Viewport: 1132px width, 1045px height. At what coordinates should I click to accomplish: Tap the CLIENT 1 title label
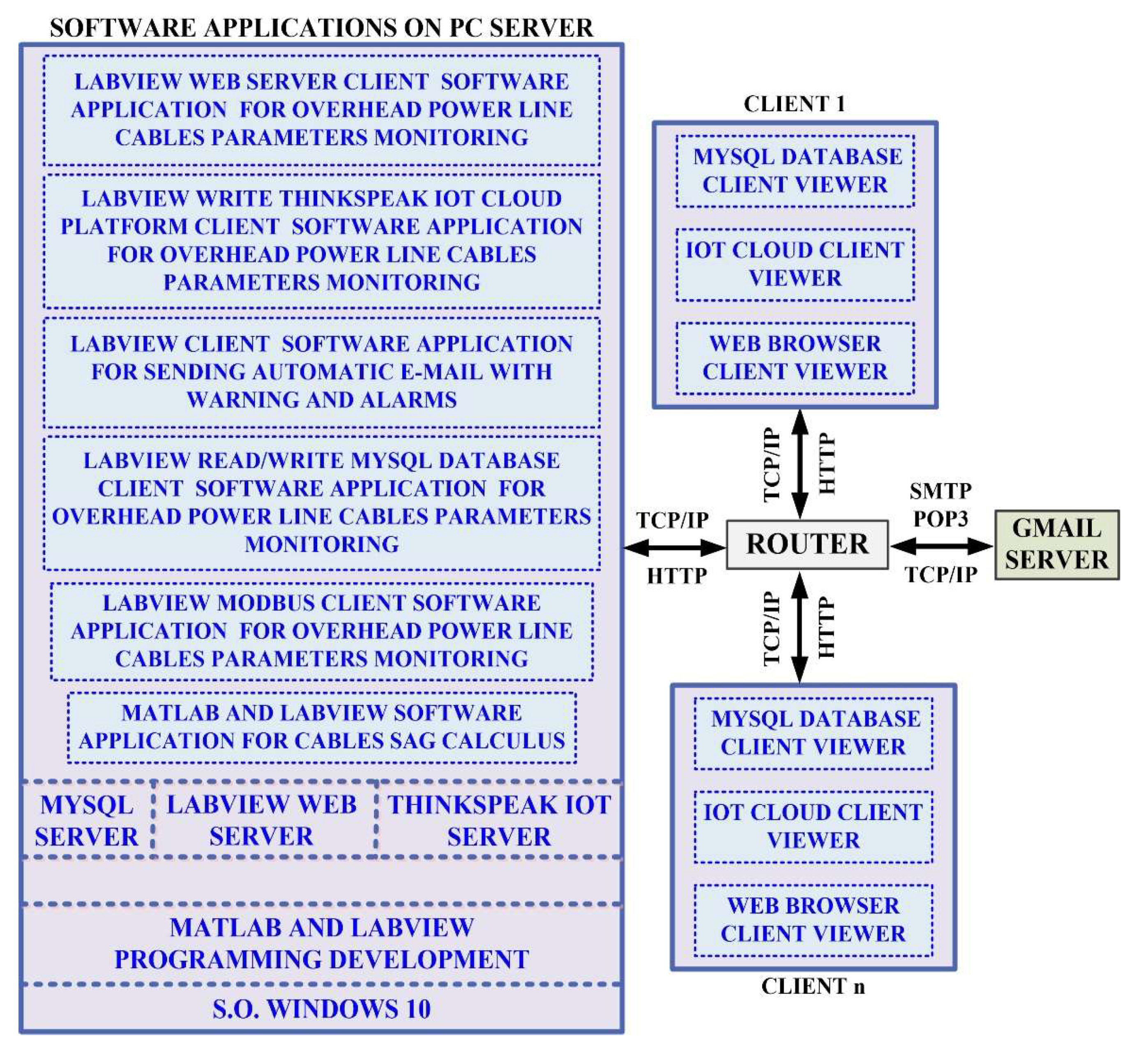point(794,104)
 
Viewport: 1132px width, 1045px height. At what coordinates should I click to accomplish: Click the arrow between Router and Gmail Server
point(941,546)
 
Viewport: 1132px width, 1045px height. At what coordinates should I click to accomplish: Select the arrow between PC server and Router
point(675,547)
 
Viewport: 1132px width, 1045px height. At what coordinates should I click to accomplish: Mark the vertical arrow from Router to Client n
point(800,627)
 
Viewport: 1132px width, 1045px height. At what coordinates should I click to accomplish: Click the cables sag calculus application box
point(321,727)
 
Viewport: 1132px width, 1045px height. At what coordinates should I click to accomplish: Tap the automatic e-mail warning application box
point(321,371)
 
